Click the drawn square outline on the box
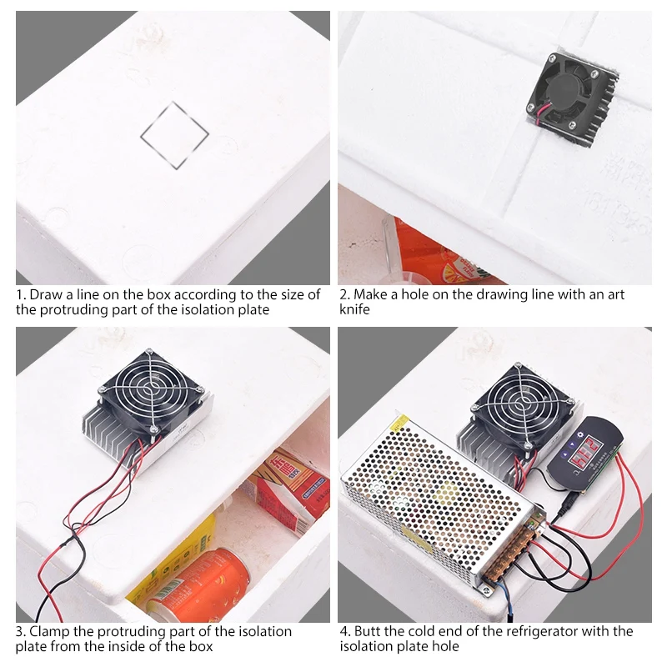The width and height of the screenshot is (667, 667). pos(174,135)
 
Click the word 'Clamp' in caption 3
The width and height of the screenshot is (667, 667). pos(49,631)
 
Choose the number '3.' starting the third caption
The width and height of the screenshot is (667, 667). pos(21,631)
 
